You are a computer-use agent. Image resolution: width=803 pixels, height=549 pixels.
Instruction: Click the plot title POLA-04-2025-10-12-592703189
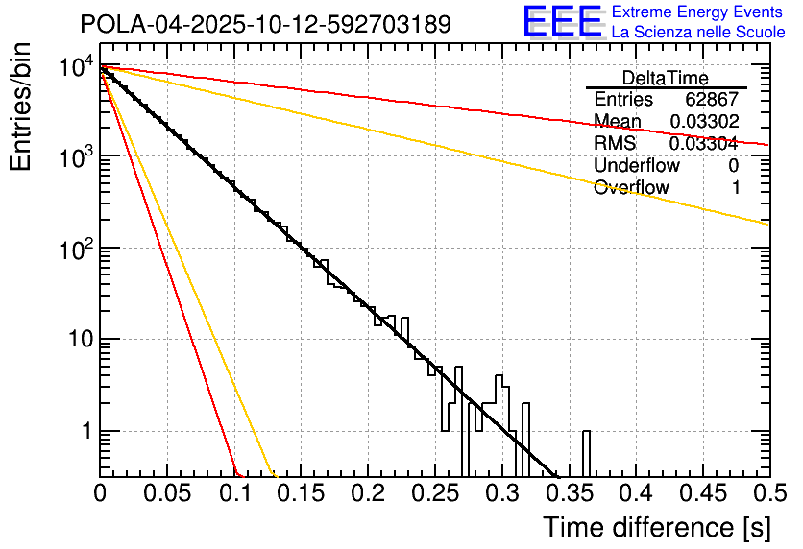point(265,24)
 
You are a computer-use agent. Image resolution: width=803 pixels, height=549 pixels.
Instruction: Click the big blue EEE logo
point(562,21)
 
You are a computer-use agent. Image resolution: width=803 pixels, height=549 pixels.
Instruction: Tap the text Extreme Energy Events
point(697,12)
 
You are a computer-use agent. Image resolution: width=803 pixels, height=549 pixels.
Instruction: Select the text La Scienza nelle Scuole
point(698,33)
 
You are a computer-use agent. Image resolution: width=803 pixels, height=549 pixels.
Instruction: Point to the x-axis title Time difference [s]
point(656,527)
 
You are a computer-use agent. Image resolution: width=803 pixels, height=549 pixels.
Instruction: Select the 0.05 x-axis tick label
point(166,494)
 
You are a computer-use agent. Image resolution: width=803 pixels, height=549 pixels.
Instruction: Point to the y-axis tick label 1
point(84,431)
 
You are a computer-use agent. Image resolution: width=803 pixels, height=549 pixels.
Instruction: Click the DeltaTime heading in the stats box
point(666,78)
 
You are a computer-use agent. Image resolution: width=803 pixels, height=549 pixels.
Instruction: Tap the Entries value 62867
point(712,100)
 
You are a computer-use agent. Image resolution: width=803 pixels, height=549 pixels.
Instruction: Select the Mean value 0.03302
point(703,121)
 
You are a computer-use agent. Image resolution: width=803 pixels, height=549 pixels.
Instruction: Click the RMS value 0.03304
point(703,143)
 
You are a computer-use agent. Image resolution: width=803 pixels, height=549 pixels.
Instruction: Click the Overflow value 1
point(735,187)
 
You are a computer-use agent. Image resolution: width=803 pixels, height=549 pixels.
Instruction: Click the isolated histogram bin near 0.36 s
point(586,453)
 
